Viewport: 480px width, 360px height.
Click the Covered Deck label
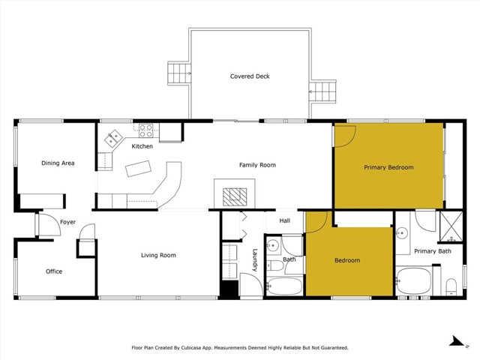point(250,76)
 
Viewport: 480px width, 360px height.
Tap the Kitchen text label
point(142,146)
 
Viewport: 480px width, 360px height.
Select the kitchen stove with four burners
point(145,130)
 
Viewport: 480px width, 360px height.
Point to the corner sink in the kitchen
point(114,138)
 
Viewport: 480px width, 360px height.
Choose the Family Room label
point(257,165)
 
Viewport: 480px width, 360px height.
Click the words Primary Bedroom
point(388,167)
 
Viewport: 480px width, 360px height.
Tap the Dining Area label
point(58,163)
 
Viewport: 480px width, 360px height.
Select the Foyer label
point(68,222)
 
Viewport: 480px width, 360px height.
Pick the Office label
point(53,271)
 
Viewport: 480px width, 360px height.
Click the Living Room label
point(158,256)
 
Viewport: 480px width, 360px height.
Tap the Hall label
point(285,221)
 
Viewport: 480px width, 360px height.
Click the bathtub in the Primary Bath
point(414,280)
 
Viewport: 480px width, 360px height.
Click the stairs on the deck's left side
point(179,73)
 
